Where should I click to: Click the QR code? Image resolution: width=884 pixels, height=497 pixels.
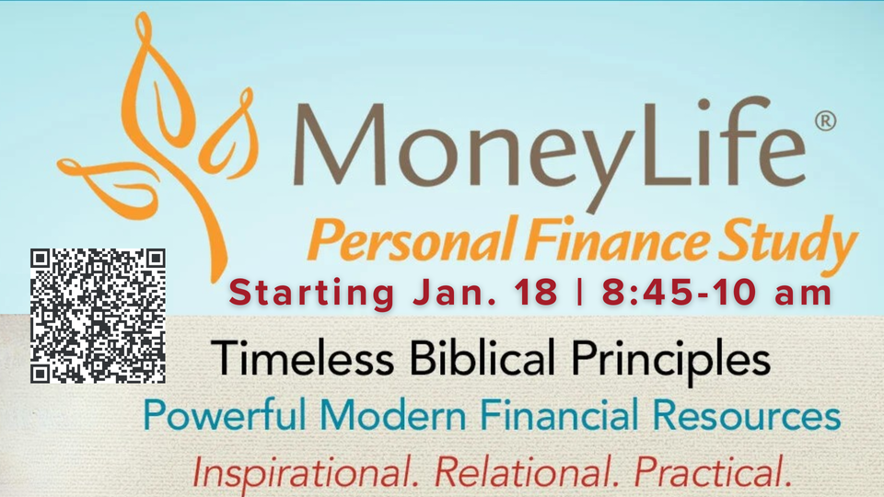tap(98, 316)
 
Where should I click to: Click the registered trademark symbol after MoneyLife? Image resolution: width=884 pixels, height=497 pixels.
tap(825, 121)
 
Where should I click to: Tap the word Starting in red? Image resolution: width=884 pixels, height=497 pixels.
tap(312, 294)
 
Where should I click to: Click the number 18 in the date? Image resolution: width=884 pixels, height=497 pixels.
tap(536, 292)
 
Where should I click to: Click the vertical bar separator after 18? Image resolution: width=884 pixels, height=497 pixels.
tap(579, 293)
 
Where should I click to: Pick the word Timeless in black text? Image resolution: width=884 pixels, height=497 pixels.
tap(303, 358)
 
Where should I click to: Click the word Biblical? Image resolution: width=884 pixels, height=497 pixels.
tap(483, 357)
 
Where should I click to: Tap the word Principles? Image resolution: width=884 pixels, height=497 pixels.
tap(671, 362)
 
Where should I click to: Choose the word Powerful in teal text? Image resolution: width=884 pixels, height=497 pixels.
tap(226, 414)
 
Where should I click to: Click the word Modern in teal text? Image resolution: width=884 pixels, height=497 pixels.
tap(393, 415)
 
